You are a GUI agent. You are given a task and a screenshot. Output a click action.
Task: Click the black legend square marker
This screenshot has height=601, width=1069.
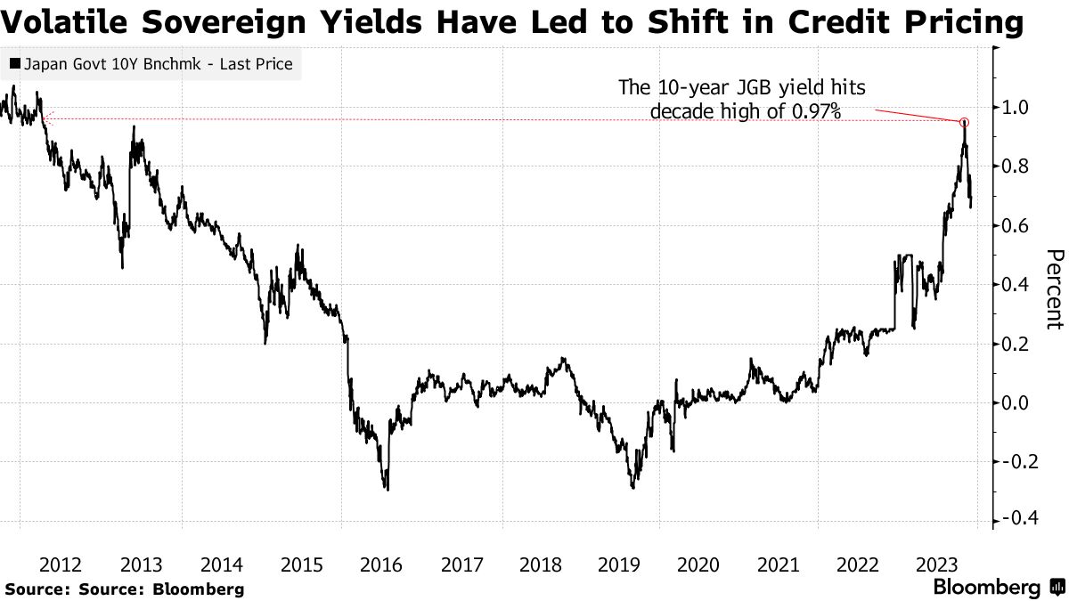tap(16, 64)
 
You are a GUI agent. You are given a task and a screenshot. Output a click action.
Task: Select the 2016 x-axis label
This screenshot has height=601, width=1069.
tap(380, 564)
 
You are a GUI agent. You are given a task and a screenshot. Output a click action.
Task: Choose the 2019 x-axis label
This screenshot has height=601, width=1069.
tap(619, 564)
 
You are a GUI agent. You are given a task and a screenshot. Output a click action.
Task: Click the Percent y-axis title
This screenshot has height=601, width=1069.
tap(1053, 289)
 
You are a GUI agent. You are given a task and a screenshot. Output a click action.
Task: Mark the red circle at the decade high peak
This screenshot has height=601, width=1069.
tap(964, 122)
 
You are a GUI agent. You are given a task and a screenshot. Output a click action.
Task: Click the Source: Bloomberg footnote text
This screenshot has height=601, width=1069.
tap(125, 589)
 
